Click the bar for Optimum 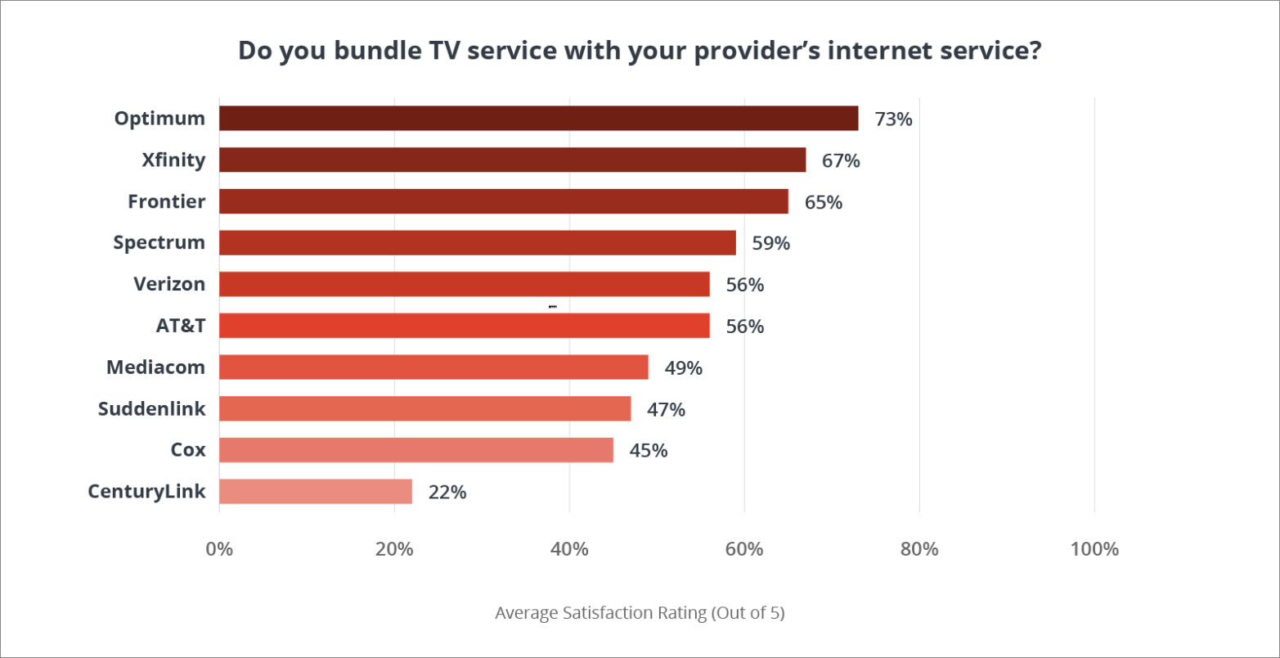click(538, 119)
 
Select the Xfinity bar click(512, 160)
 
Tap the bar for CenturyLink click(316, 492)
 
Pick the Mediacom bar click(433, 367)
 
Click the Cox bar click(415, 450)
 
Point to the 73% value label click(893, 119)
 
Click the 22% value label click(447, 493)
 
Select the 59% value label click(771, 244)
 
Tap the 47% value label click(666, 409)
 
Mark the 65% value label click(824, 202)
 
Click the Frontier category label click(166, 201)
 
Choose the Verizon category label click(169, 284)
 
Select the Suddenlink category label click(151, 408)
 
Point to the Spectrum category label click(159, 243)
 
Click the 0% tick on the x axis click(219, 549)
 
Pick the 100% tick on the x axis click(1094, 549)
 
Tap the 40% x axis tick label click(569, 549)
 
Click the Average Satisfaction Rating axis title click(640, 613)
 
